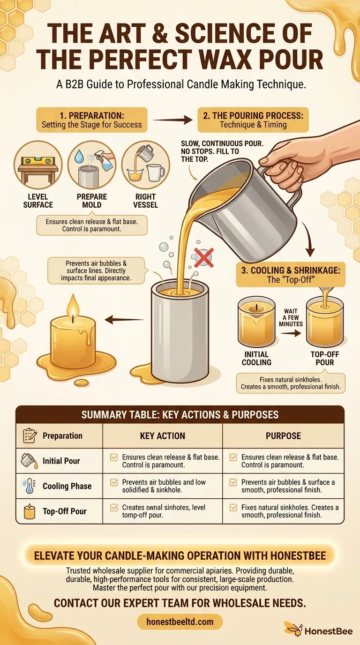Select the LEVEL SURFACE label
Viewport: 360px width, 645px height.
[x=38, y=201]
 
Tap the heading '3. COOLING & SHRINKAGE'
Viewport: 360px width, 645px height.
[x=291, y=275]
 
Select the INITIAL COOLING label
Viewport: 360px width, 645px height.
[x=256, y=359]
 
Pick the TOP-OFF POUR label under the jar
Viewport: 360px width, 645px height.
[x=325, y=359]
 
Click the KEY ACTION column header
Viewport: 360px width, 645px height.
[x=162, y=436]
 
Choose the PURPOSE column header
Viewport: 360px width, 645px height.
[x=283, y=436]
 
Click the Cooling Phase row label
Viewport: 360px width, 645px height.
[x=67, y=486]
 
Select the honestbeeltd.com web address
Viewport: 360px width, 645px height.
[x=180, y=622]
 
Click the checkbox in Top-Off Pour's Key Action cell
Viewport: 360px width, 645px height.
[x=114, y=508]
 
